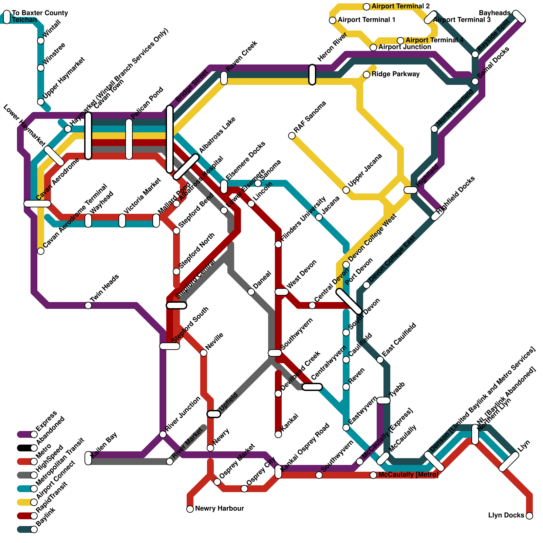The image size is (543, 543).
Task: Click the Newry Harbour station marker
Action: point(190,509)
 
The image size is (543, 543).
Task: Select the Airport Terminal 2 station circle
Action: point(367,7)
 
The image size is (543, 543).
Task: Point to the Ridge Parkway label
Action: point(395,74)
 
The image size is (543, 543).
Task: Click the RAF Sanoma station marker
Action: point(292,136)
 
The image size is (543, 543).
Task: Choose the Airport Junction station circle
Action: point(373,48)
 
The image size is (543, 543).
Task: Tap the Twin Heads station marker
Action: point(88,305)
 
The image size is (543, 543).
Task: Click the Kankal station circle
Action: point(278,434)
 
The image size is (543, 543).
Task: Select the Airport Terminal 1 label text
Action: point(367,20)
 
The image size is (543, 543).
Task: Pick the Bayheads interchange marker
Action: point(519,16)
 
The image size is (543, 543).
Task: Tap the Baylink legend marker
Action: point(34,529)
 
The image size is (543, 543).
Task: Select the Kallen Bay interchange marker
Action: point(88,458)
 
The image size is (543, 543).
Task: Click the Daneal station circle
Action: point(251,292)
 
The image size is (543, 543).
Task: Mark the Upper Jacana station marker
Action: point(346,190)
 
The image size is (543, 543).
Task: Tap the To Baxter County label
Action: point(40,13)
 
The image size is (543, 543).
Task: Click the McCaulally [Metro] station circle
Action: point(373,475)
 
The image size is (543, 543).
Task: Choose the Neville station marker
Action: point(204,353)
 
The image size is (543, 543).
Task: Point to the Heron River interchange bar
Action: point(312,75)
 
